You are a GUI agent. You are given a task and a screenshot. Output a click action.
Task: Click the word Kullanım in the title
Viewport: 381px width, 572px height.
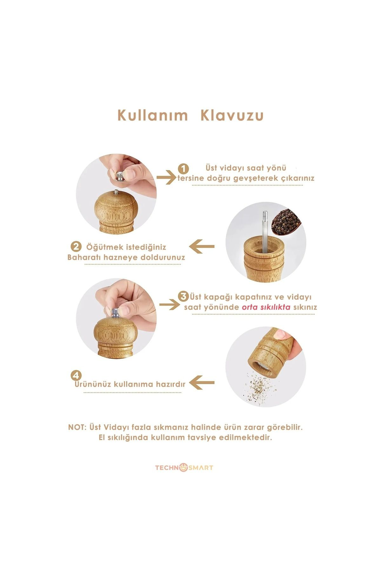152,115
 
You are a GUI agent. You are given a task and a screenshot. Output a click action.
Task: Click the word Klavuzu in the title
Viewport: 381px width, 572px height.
232,115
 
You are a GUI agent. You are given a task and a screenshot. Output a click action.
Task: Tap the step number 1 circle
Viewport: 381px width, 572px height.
183,169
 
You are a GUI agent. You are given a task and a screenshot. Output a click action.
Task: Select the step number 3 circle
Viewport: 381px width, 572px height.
184,296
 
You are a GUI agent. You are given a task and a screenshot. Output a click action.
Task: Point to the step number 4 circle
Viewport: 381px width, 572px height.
76,375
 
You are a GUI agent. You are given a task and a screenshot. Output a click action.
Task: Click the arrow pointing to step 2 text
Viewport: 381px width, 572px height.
202,247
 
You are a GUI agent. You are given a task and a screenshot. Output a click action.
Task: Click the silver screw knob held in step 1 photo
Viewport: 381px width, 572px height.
121,174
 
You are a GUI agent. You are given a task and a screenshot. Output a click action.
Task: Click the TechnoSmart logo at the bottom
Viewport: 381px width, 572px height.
184,468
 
